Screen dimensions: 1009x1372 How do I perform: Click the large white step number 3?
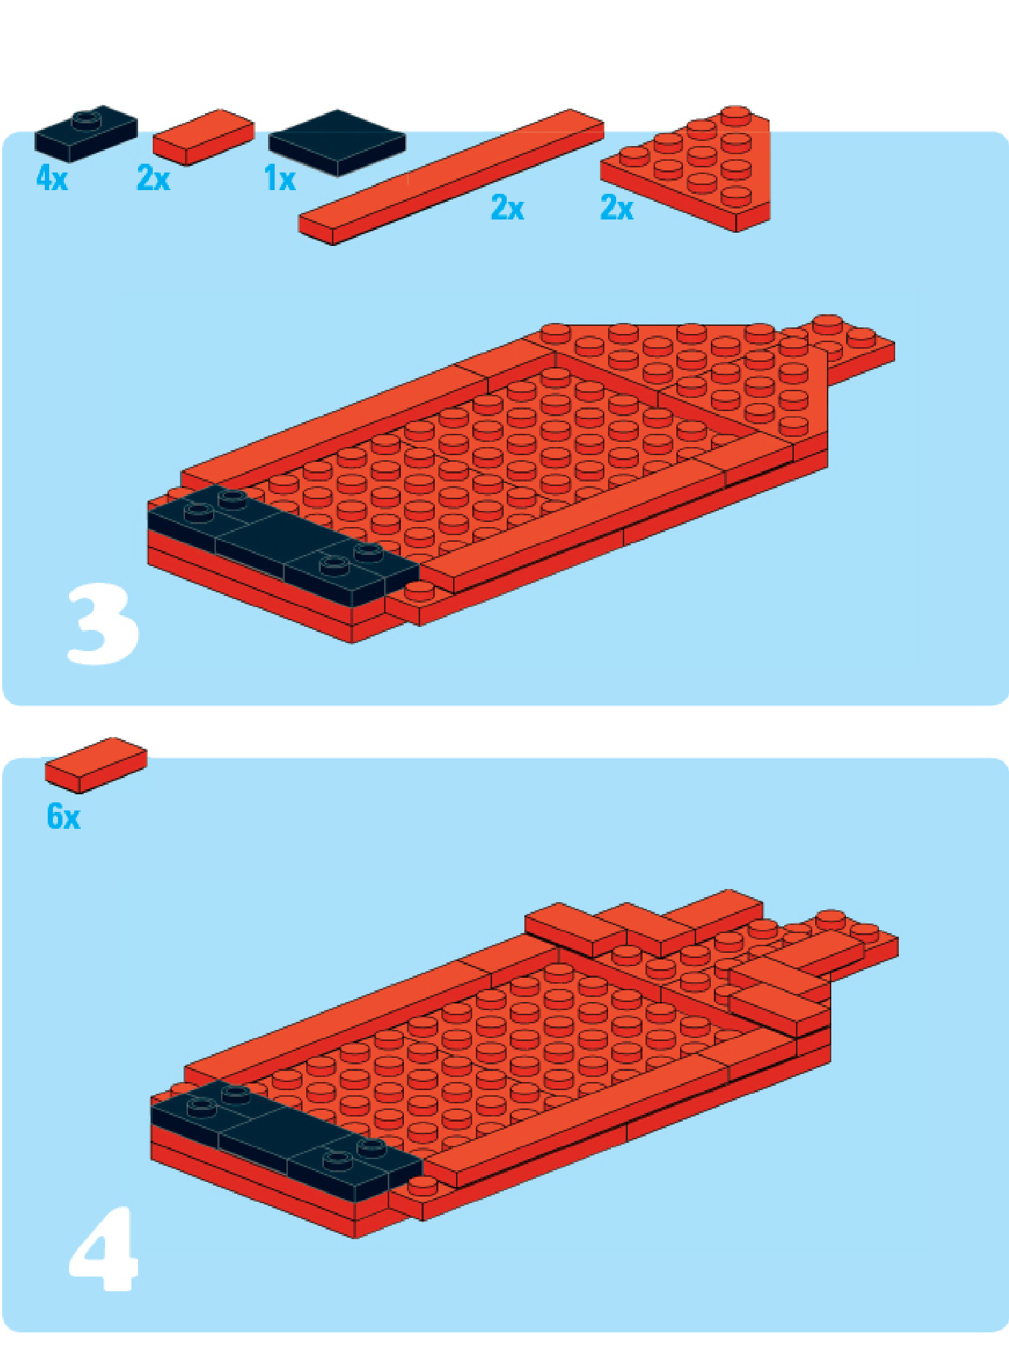(103, 624)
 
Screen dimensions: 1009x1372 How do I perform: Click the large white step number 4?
(104, 1249)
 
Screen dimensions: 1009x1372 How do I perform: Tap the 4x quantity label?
(52, 178)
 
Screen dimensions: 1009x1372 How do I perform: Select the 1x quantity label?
(280, 178)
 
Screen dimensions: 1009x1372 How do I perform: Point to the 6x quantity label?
(63, 816)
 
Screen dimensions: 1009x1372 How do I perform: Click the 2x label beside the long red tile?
(507, 208)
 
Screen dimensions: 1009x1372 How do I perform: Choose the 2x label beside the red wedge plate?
(617, 208)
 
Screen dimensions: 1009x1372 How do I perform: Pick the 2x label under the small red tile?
(153, 178)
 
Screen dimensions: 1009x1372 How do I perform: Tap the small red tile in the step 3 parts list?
(203, 137)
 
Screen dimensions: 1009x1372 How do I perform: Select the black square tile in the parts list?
(337, 142)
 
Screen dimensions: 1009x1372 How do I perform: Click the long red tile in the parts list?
(451, 176)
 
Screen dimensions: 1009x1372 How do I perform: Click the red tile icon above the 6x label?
(96, 765)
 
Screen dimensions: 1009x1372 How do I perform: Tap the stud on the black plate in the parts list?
(87, 115)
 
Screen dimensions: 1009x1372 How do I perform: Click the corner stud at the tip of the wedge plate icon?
(735, 115)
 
